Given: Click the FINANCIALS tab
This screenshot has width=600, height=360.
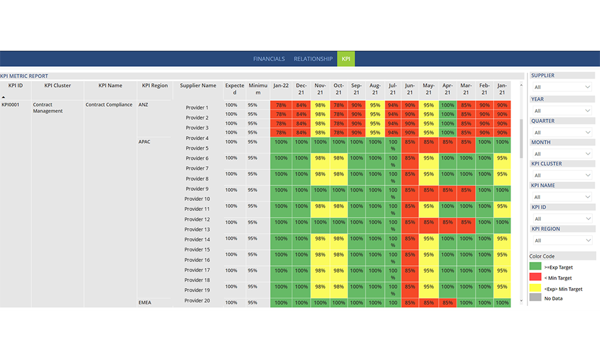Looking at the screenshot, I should [x=269, y=59].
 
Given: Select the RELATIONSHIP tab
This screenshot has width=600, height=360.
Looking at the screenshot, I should [x=313, y=59].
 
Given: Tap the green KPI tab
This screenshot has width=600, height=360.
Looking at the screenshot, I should [x=346, y=59].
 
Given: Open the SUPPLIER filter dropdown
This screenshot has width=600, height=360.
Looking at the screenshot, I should [x=562, y=87].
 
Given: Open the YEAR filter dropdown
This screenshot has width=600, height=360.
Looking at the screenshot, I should [x=562, y=111].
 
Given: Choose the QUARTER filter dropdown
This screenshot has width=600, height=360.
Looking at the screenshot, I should [x=562, y=132].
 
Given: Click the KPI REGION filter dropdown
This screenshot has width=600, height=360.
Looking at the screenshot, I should [x=562, y=240].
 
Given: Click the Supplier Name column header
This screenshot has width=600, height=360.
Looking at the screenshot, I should [x=198, y=86].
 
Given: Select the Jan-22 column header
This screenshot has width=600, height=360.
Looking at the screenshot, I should [x=281, y=86].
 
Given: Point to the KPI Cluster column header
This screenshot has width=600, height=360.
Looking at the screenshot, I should [x=58, y=86].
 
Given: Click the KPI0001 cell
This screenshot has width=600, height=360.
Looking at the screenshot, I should [x=12, y=104].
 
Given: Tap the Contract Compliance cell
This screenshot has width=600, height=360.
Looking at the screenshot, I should [x=109, y=104].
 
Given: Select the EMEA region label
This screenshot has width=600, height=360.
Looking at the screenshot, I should [x=145, y=302].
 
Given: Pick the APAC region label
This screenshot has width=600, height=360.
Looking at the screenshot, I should [x=145, y=142].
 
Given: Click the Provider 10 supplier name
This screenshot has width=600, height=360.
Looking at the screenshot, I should [x=197, y=199].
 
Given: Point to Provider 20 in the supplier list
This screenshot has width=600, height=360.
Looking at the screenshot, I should [x=197, y=301].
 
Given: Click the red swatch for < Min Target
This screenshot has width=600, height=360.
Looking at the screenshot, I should [x=535, y=278].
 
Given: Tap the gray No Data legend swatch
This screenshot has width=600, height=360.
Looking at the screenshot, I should [x=535, y=298].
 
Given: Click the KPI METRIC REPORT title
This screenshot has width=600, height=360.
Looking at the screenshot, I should [x=24, y=76].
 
